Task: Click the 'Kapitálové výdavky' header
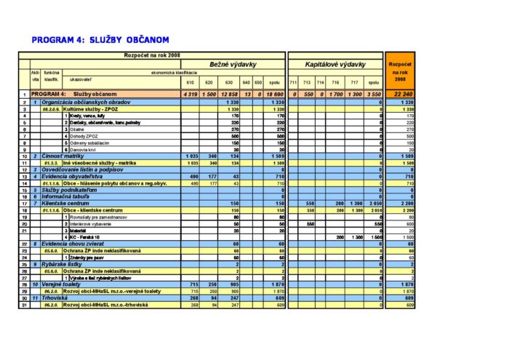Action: click(x=334, y=64)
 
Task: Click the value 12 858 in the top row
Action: click(x=229, y=95)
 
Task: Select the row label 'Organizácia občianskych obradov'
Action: click(x=86, y=103)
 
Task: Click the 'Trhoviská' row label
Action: click(x=58, y=298)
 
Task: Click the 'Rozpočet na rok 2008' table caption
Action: click(x=152, y=55)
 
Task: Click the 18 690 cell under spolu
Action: click(x=274, y=95)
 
